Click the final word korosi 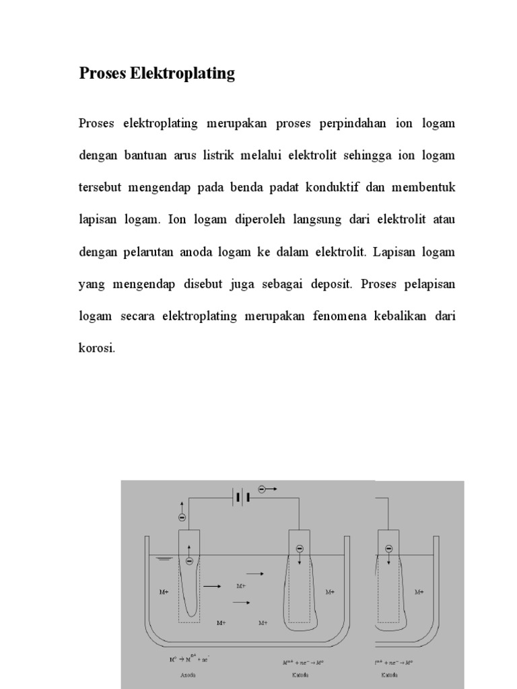pyautogui.click(x=97, y=349)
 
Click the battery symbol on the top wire pyautogui.click(x=241, y=497)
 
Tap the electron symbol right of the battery pyautogui.click(x=263, y=490)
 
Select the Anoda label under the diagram pyautogui.click(x=188, y=673)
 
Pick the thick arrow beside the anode pyautogui.click(x=212, y=586)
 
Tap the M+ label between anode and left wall pyautogui.click(x=164, y=592)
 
